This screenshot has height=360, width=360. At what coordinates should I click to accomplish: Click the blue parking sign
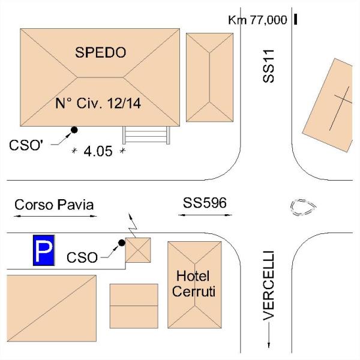click(44, 250)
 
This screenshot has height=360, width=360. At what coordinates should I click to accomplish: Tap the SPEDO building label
click(101, 52)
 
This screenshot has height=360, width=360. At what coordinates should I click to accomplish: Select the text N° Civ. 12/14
click(98, 103)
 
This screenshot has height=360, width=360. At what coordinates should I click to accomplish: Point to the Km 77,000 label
click(257, 20)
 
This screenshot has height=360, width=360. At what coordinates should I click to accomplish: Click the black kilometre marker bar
click(295, 19)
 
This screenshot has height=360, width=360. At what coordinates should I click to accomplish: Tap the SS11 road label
click(268, 66)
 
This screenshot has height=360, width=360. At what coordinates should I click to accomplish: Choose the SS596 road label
click(205, 203)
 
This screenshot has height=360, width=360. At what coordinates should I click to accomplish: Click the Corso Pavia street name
click(54, 205)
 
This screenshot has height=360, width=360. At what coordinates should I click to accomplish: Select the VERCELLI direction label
click(269, 286)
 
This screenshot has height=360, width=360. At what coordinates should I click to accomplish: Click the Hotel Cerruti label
click(194, 284)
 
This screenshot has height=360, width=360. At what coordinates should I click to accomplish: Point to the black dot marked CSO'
click(74, 130)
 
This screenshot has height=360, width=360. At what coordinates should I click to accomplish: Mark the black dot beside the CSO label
click(122, 242)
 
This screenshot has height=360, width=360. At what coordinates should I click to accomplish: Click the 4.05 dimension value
click(98, 151)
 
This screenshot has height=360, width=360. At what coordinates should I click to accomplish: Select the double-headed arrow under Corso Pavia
click(55, 216)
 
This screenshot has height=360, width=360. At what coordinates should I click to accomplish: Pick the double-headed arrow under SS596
click(205, 215)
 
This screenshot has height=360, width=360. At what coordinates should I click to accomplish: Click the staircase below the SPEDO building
click(146, 135)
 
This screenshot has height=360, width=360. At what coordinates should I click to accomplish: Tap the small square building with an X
click(138, 250)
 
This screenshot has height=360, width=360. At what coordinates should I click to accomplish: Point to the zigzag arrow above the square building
click(133, 226)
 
